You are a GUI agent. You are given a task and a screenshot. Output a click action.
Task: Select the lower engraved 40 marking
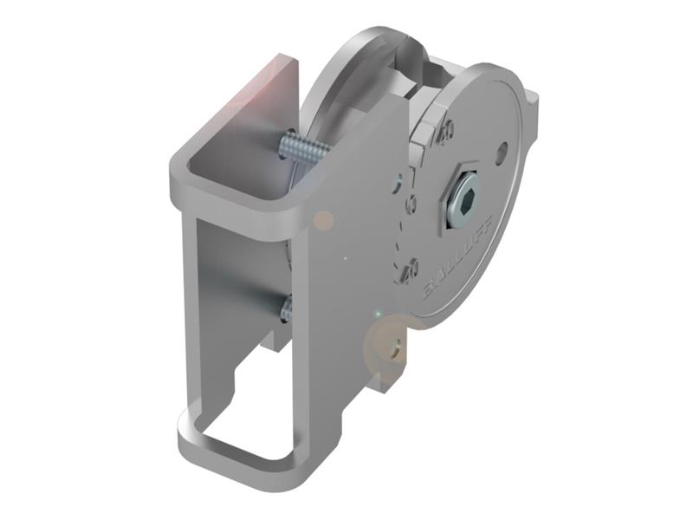point(411,267)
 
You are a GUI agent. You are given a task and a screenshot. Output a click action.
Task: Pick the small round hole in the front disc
point(502,159)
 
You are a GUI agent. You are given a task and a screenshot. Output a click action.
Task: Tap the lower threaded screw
point(285,306)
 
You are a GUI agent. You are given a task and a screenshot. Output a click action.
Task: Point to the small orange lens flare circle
point(323,220)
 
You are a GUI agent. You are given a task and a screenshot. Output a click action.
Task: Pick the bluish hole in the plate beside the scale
point(396,182)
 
